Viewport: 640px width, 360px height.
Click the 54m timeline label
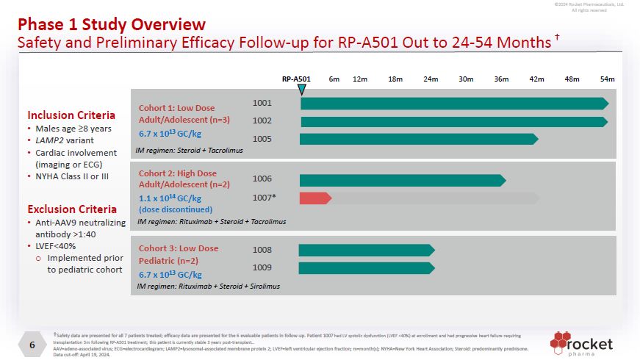607,79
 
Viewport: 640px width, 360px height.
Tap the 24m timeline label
431,79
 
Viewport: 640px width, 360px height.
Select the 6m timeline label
334,79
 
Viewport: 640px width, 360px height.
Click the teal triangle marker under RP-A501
302,90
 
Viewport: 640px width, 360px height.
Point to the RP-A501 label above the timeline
297,79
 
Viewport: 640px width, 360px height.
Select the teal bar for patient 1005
418,139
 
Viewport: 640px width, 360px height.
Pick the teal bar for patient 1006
402,180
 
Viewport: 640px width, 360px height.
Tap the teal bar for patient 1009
366,268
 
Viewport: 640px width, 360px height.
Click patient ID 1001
262,103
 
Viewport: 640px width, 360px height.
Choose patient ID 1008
262,250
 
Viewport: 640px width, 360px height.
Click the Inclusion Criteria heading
71,115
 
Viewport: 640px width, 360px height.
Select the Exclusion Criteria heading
72,209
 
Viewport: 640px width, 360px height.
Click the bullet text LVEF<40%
56,246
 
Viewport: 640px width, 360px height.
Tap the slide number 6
32,345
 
